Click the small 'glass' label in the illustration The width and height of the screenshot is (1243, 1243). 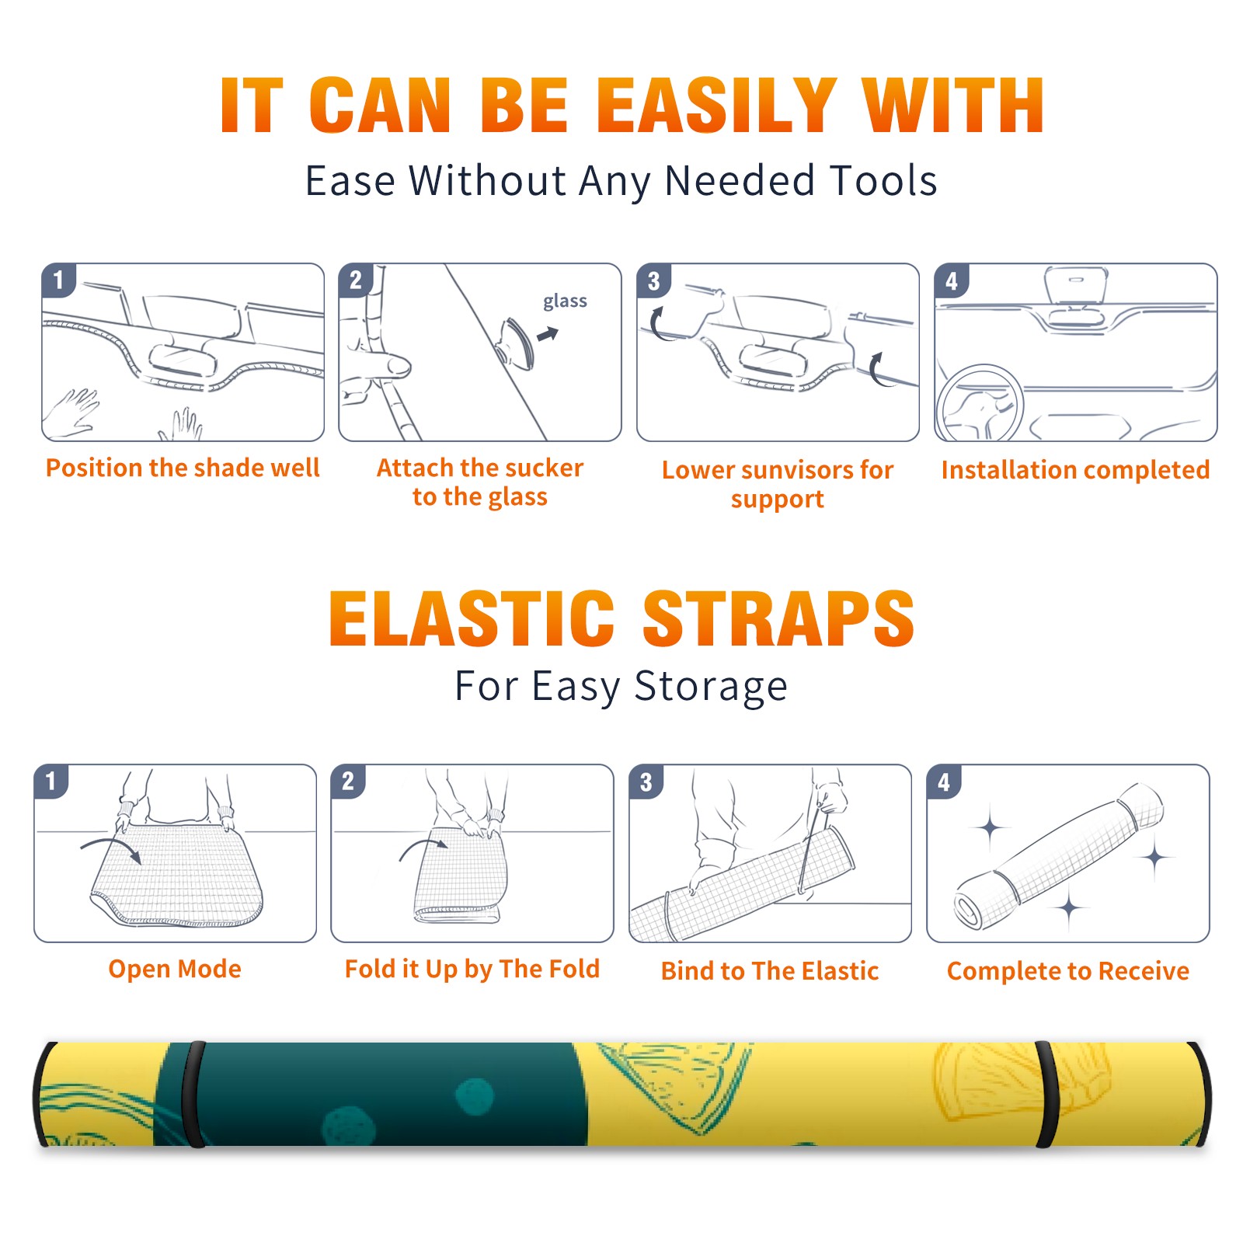[565, 301]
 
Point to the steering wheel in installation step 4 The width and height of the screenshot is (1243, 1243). [980, 404]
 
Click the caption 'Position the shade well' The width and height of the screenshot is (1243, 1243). [183, 468]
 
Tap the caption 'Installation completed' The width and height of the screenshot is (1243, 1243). [1075, 469]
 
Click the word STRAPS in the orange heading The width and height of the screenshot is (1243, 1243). [778, 618]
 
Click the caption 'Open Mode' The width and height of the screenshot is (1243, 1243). [175, 969]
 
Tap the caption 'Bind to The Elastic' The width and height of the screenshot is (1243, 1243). [769, 971]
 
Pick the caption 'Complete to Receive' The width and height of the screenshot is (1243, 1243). [1068, 971]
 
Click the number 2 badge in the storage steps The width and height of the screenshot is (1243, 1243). [348, 782]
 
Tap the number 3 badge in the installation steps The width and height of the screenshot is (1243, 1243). [654, 281]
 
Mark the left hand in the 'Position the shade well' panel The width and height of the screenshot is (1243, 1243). [71, 412]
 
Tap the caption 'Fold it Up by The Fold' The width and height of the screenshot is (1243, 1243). [472, 969]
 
